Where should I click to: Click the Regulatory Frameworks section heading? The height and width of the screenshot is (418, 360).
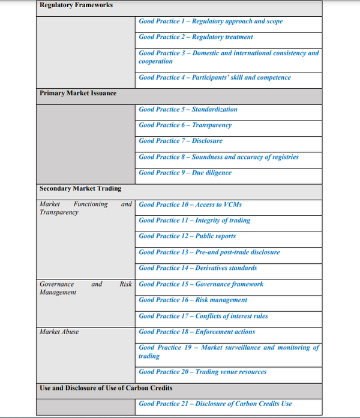76,5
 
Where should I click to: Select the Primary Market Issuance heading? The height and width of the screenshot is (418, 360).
78,93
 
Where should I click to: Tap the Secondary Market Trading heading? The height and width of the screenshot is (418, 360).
80,188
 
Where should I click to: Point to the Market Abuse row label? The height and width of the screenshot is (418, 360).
59,332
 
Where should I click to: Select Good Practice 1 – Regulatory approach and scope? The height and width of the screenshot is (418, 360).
211,21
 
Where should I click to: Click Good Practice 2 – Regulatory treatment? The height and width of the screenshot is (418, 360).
196,37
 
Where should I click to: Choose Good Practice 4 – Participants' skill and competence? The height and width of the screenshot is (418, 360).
215,77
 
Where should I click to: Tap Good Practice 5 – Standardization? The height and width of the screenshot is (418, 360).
188,109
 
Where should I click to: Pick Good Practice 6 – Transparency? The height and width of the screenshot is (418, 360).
185,125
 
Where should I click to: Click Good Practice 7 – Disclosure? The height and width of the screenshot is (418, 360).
181,140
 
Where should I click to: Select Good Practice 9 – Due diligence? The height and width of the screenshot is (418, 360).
185,173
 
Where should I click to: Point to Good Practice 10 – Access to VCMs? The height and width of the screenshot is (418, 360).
190,205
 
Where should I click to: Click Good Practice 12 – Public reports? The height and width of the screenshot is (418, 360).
187,236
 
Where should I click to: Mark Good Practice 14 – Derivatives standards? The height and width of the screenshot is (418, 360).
197,267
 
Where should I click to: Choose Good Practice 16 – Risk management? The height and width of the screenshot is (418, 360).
193,300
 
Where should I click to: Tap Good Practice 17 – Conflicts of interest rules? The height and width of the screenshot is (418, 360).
203,316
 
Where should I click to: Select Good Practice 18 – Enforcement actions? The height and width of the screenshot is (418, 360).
197,332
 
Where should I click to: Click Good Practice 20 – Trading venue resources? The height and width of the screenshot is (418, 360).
202,372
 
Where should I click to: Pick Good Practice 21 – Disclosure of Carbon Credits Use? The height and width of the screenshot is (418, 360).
215,404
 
